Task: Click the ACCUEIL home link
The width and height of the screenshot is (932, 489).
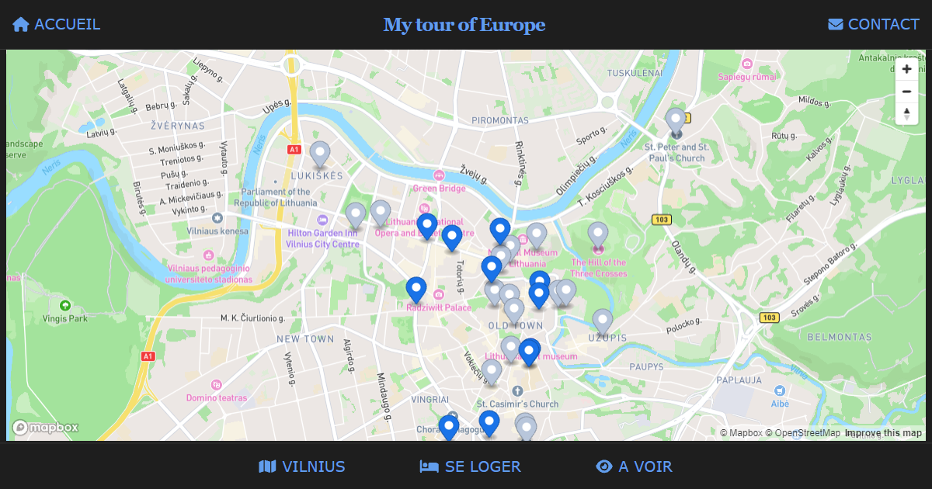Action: tap(57, 24)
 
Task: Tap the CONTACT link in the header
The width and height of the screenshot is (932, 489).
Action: tap(874, 24)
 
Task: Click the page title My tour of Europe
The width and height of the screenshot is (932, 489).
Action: tap(464, 25)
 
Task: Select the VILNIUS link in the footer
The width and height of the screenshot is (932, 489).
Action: tap(302, 466)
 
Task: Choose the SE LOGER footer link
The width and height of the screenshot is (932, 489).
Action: tap(471, 466)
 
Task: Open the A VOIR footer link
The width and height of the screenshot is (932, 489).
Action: tap(634, 466)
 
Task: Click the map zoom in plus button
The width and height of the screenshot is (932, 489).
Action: tap(906, 69)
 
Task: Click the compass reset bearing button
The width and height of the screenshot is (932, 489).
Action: tap(906, 113)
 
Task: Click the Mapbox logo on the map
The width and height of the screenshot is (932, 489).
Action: tap(45, 427)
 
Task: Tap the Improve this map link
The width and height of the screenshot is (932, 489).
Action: tap(883, 433)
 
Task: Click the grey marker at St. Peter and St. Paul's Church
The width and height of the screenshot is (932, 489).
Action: tap(676, 121)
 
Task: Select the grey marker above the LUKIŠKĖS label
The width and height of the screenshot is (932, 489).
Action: tap(320, 154)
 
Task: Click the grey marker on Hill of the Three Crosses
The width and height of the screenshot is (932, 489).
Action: tap(597, 234)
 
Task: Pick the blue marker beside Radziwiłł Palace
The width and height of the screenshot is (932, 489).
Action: tap(416, 289)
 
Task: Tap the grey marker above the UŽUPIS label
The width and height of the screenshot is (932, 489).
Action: tap(603, 321)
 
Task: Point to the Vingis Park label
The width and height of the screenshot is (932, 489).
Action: tap(66, 318)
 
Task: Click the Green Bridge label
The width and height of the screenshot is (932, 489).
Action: tap(440, 188)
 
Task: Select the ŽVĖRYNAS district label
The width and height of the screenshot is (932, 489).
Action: tap(178, 125)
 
